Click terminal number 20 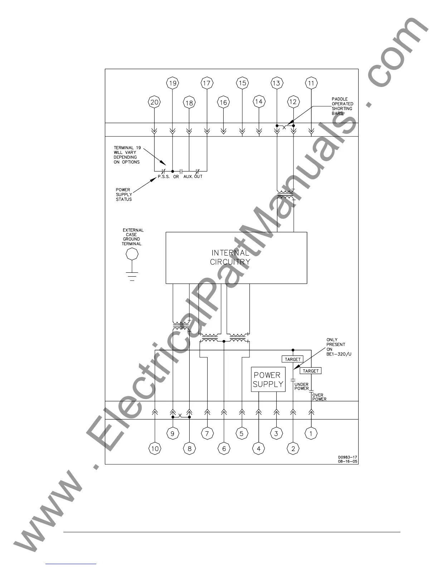tap(154, 102)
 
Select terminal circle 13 tap(276, 83)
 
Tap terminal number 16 tap(223, 103)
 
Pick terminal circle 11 tap(311, 83)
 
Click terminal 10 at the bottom tap(155, 448)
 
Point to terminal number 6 tap(224, 448)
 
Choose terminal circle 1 tap(311, 433)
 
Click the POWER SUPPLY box tap(268, 379)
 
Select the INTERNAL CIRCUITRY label tap(230, 258)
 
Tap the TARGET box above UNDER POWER tap(293, 359)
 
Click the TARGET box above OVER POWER tap(310, 371)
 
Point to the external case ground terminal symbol tap(132, 255)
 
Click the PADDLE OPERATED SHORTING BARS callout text tap(342, 106)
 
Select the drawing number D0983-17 tap(347, 457)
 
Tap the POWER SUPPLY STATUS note tap(124, 194)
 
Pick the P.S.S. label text tap(164, 176)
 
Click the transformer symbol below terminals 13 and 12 tap(285, 195)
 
